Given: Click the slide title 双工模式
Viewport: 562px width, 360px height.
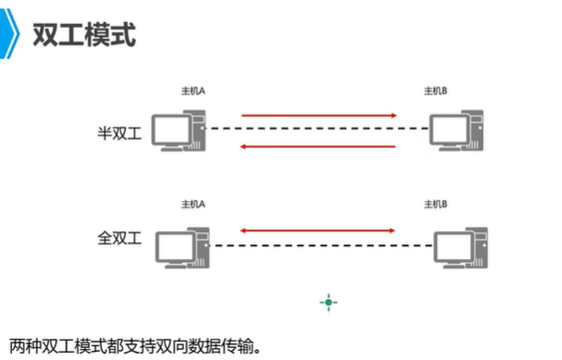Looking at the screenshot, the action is tap(84, 35).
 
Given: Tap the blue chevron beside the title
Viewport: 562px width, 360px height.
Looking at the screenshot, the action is tap(13, 35).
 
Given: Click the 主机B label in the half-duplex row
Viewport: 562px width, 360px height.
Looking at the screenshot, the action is tap(435, 92).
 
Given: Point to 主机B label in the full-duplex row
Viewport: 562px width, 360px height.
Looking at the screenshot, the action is tap(435, 202).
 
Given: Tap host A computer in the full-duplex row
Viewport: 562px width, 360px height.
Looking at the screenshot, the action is tap(178, 243).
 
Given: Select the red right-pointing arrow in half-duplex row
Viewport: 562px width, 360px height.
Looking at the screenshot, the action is tap(318, 116).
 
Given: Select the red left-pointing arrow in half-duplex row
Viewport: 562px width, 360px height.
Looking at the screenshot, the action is tap(318, 146).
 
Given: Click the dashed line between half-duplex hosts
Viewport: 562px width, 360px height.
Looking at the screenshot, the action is tap(318, 129).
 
